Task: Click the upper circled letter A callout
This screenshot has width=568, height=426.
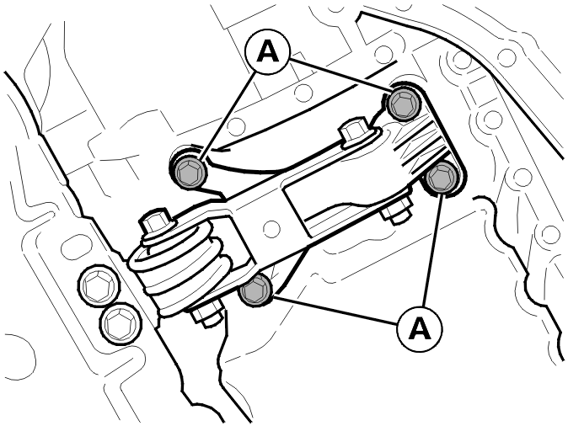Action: [x=268, y=52]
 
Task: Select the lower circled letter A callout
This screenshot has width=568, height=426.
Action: [x=420, y=328]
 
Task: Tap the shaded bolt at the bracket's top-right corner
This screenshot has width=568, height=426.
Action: [x=404, y=104]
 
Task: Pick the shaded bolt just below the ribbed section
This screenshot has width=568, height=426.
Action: [x=442, y=178]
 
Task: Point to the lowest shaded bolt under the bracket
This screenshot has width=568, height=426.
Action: [x=255, y=290]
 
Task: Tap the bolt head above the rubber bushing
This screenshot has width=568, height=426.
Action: [x=155, y=221]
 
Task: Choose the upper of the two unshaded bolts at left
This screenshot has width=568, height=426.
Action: [x=99, y=286]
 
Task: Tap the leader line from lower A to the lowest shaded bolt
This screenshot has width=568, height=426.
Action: [x=335, y=310]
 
